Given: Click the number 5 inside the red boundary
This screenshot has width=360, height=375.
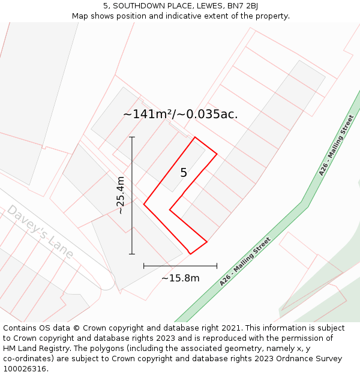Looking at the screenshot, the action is coord(184,173).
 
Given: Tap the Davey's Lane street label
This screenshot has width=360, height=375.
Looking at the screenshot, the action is coord(40,232).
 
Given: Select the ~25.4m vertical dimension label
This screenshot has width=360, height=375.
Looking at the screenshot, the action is coord(121,196).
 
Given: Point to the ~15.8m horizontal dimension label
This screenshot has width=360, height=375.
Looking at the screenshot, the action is coord(180,278).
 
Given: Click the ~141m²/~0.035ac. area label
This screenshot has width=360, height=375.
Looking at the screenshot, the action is coord(180,114).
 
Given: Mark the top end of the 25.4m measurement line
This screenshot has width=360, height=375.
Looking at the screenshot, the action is coord(132,137).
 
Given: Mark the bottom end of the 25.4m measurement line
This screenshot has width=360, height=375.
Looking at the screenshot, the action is coord(132,254).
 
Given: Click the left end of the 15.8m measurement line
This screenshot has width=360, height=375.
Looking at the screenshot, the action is coord(144,266).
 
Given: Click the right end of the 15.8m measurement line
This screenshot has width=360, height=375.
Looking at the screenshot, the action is coord(217,266).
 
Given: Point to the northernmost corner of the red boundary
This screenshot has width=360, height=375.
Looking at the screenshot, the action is coord(195,137).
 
